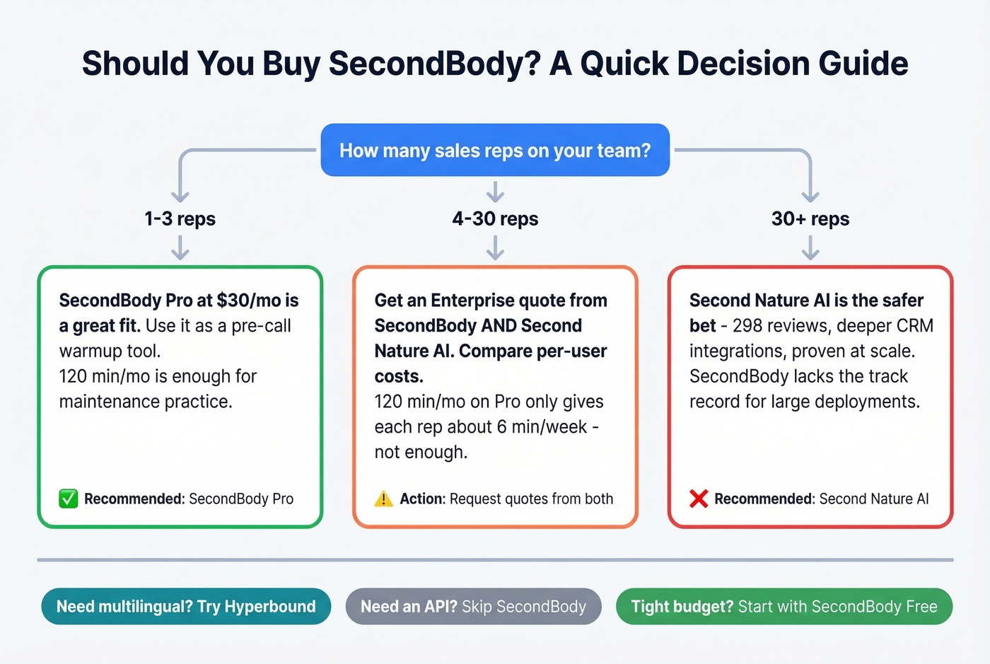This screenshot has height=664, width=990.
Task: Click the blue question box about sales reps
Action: pos(495,151)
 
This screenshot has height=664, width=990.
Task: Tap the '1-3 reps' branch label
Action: pos(180,219)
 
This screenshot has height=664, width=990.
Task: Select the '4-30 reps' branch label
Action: pos(495,219)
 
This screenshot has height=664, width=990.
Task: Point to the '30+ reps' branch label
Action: pos(810,219)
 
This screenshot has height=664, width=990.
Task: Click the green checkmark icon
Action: pos(69,499)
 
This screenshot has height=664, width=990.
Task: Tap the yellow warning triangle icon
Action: pos(383,499)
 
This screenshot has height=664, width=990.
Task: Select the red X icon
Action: pos(699,499)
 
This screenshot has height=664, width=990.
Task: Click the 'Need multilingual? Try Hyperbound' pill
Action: pos(186,607)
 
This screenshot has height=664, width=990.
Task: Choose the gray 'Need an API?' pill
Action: pos(473,607)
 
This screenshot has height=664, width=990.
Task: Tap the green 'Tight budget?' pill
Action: pos(784,607)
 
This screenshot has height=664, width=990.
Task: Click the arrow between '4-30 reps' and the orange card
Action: pos(495,247)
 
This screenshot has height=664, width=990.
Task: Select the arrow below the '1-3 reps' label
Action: pos(180,247)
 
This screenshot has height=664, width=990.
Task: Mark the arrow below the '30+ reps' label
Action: pos(810,247)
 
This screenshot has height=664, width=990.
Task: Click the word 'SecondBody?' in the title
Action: pos(434,64)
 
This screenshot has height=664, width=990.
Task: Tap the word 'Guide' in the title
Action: pos(863,64)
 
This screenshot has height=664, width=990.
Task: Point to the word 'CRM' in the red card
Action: pos(914,326)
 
